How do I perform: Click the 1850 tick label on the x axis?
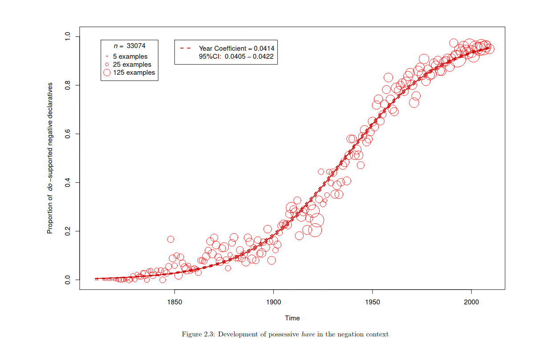(174, 303)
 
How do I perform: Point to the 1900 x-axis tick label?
(273, 303)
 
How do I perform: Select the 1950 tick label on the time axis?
(373, 303)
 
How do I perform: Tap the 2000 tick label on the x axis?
(471, 303)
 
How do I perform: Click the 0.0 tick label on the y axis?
(68, 280)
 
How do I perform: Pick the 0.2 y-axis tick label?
(68, 231)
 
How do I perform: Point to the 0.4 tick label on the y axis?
(68, 182)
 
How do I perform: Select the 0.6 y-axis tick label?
(68, 134)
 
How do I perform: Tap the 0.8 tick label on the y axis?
(68, 85)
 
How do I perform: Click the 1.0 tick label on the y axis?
(68, 36)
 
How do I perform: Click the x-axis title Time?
(292, 318)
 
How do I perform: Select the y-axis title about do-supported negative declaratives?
(50, 158)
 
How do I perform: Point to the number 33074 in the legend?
(136, 45)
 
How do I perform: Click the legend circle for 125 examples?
(107, 73)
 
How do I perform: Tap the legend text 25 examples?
(132, 65)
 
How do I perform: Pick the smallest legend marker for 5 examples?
(107, 57)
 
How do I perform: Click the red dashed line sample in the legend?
(186, 48)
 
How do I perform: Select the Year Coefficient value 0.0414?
(264, 48)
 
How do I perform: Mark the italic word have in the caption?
(308, 334)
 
